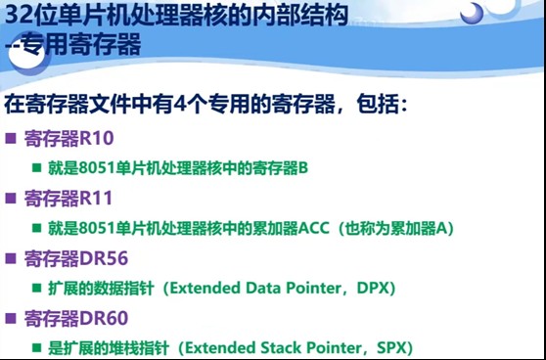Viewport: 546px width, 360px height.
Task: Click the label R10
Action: coord(96,138)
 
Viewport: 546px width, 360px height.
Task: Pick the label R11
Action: coord(96,198)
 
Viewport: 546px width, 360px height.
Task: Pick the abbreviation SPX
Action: coord(389,347)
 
